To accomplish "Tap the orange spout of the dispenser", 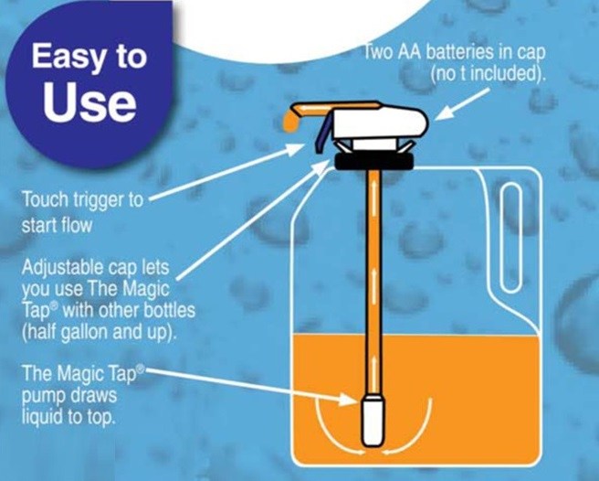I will click(x=294, y=118).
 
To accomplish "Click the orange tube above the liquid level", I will click(x=372, y=256).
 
